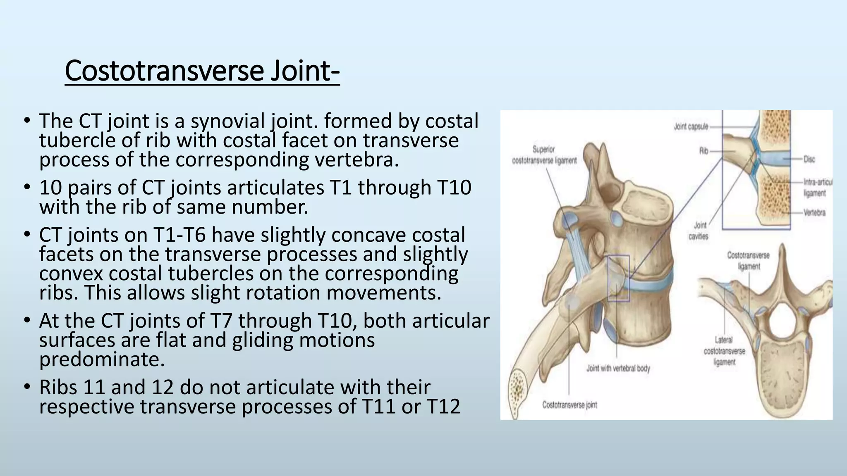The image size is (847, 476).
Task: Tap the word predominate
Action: point(102,359)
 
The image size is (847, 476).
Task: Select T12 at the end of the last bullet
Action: point(443,407)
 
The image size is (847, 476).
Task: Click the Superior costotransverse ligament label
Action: point(544,155)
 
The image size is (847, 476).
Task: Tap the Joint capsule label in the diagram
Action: point(691,126)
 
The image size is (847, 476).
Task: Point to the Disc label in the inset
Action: point(809,159)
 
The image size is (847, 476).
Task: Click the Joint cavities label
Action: point(699,231)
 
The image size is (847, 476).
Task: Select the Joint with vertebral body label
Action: point(618,368)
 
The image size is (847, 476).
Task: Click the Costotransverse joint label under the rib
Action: point(569,405)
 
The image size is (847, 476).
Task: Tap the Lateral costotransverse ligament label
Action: point(724,351)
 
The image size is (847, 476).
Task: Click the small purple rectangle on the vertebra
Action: point(618,278)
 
